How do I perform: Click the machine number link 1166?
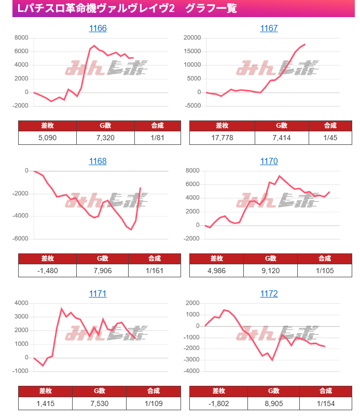[x=98, y=28]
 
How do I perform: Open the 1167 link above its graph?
[x=269, y=28]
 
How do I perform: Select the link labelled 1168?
[x=98, y=161]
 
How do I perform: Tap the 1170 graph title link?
[x=269, y=161]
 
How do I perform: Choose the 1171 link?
[x=98, y=294]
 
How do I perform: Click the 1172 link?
[x=269, y=294]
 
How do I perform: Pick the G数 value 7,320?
[x=105, y=138]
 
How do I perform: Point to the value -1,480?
[x=47, y=271]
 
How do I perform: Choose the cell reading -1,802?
[x=218, y=403]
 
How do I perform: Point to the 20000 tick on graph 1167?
[x=192, y=38]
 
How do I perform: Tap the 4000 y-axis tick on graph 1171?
[x=21, y=303]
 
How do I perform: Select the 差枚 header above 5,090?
[x=47, y=126]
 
